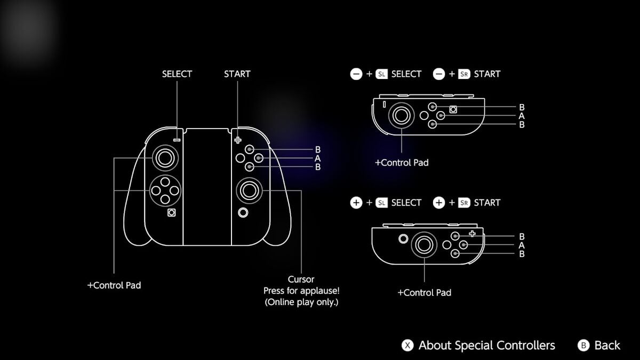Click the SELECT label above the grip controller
(177, 74)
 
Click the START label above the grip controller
(237, 74)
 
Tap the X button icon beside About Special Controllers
(407, 346)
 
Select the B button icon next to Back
(583, 346)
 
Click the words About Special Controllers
(486, 346)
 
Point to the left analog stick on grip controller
(164, 158)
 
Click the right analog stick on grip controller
(249, 189)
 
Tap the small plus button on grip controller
(237, 140)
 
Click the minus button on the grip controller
(177, 140)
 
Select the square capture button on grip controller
(172, 213)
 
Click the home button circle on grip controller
(243, 213)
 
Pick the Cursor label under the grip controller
(301, 279)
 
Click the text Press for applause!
(301, 291)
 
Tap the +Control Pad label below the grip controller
(114, 285)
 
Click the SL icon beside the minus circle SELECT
(381, 74)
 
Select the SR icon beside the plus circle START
(464, 203)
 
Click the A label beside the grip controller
(317, 158)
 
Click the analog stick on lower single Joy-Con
(425, 244)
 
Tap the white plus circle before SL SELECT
(356, 203)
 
